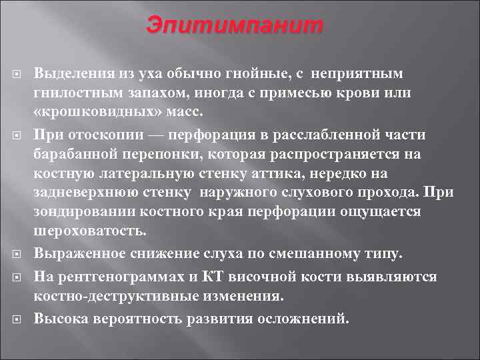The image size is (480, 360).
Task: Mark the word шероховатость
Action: coord(89,231)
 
